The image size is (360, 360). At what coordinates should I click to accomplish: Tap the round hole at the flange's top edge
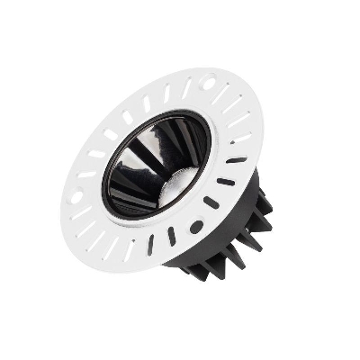(x=209, y=84)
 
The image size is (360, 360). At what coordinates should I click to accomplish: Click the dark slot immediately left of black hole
(x=171, y=236)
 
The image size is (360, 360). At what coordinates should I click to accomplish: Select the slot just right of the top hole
(x=226, y=91)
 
